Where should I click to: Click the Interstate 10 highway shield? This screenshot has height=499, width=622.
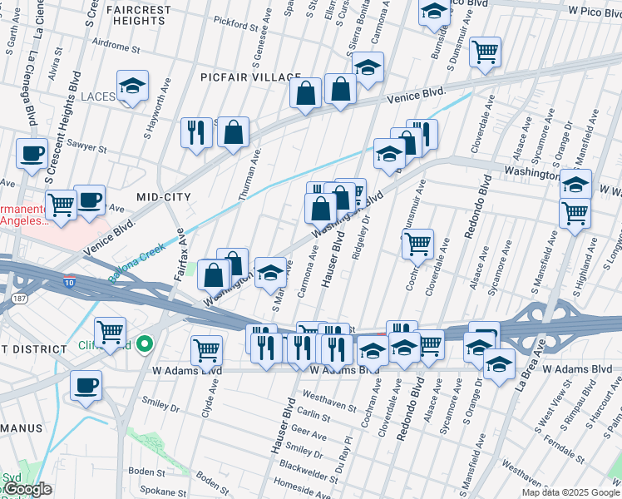[71, 283]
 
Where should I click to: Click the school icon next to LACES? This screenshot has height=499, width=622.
[132, 86]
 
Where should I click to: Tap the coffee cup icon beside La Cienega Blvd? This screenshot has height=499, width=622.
[32, 153]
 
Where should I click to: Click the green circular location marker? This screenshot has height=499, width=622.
[146, 343]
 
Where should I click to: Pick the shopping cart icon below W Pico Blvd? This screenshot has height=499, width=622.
[484, 51]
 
